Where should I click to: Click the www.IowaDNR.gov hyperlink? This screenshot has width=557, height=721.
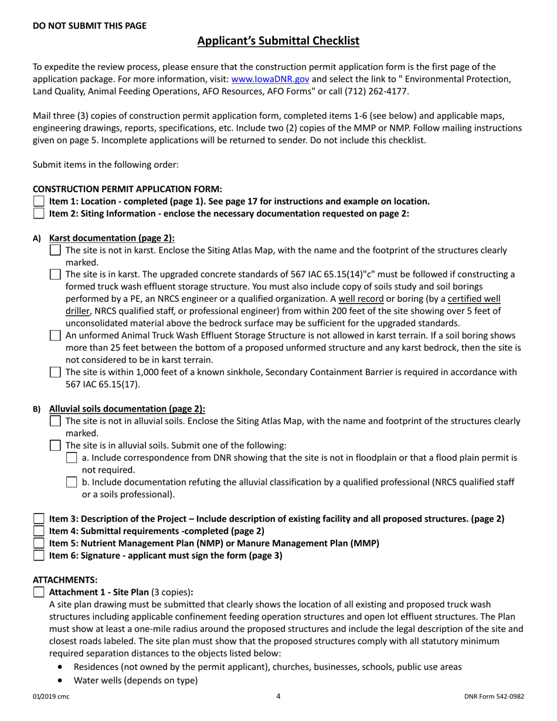coord(270,79)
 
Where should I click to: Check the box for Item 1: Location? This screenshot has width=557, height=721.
coord(39,202)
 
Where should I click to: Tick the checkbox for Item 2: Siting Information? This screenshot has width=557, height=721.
coord(39,213)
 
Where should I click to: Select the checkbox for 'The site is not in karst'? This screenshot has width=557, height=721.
coord(55,250)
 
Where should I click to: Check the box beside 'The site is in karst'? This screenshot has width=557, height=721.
coord(55,274)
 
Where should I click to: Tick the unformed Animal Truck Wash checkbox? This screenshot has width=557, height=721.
coord(55,336)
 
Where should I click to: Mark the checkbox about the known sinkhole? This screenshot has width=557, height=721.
coord(55,372)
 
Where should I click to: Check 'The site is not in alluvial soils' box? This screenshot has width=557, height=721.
coord(55,421)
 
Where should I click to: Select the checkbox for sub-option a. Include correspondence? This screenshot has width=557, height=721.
coord(72,458)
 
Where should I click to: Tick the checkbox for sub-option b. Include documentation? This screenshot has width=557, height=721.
coord(72,482)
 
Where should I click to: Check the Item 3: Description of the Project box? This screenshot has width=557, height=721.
coord(39,519)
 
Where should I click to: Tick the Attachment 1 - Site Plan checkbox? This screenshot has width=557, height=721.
coord(39,592)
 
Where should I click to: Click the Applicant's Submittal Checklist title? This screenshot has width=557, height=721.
coord(278,41)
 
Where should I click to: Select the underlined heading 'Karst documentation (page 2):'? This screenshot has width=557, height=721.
coord(112,238)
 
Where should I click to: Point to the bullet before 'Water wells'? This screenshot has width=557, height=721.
coord(61,681)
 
